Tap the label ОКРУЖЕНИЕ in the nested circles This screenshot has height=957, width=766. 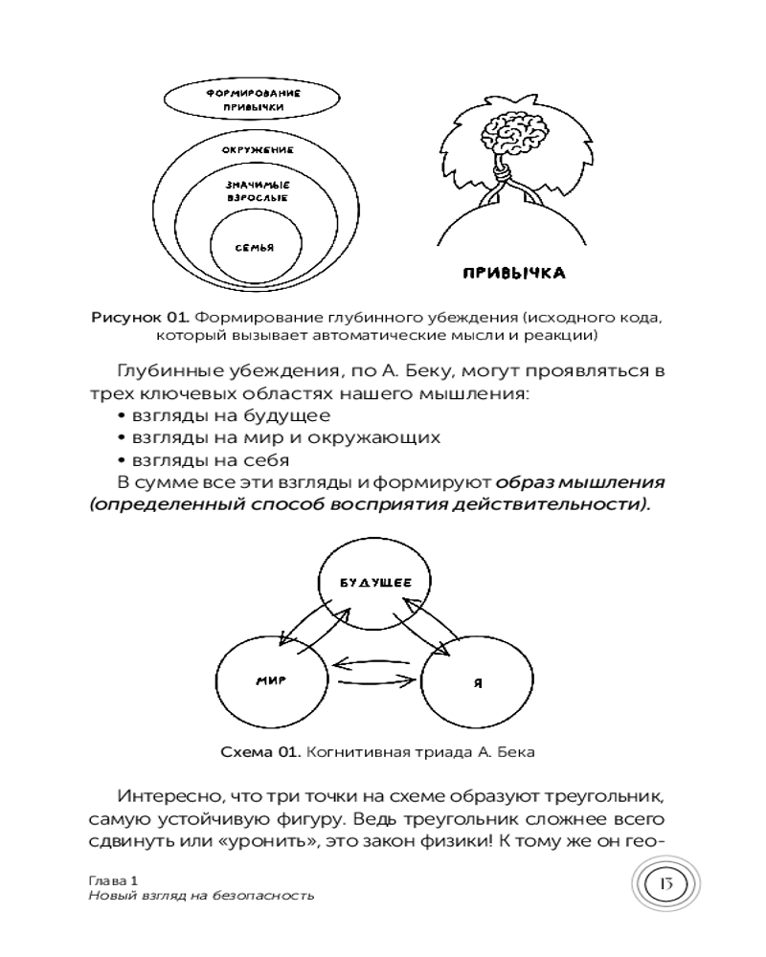click(x=257, y=150)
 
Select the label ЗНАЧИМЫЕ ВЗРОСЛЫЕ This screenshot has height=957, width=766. click(x=257, y=189)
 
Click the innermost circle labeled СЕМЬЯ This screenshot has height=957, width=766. click(x=255, y=248)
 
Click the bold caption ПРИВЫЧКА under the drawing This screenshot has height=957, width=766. click(x=514, y=273)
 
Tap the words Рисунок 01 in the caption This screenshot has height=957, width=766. click(x=135, y=317)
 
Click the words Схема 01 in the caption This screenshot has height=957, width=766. click(x=260, y=752)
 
